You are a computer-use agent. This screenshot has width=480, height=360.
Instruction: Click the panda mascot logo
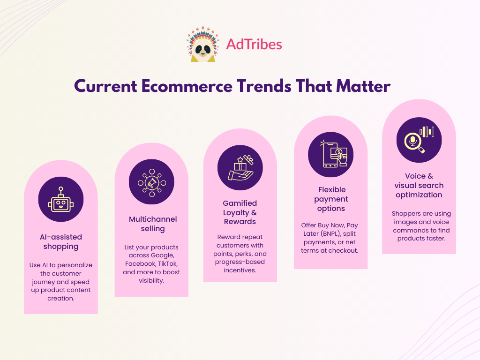(203, 45)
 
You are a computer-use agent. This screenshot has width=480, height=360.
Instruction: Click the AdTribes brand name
(254, 45)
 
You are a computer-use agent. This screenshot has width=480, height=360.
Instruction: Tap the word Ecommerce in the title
(187, 86)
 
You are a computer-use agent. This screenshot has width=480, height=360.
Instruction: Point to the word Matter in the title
(363, 86)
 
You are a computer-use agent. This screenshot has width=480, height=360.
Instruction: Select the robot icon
(61, 199)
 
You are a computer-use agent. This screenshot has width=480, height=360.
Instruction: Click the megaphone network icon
(152, 182)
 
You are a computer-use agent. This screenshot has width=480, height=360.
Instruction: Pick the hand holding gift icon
(240, 168)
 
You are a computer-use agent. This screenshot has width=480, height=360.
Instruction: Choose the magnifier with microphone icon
(419, 140)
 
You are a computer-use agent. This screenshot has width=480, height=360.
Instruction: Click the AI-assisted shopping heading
(61, 241)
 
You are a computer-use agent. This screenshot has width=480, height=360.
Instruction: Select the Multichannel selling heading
(153, 224)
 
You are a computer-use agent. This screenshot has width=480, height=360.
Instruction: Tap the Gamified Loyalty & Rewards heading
(240, 212)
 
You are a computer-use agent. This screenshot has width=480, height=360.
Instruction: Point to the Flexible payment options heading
(331, 199)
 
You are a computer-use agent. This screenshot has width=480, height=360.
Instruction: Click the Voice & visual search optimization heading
(419, 185)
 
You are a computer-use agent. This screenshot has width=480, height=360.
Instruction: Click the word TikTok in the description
(167, 263)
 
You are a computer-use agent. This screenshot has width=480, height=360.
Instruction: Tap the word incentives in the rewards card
(240, 270)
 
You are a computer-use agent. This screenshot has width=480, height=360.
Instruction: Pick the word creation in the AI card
(61, 298)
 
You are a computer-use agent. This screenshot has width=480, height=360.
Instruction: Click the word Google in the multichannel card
(164, 255)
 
